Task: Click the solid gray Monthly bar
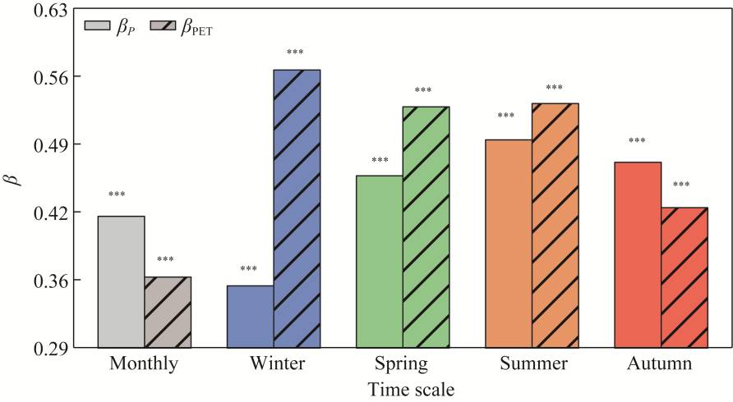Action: pyautogui.click(x=121, y=281)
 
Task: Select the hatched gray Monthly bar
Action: pyautogui.click(x=168, y=312)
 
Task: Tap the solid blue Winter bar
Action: pyautogui.click(x=250, y=316)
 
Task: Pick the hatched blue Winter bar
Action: pyautogui.click(x=297, y=208)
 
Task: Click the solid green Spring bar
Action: pyautogui.click(x=379, y=261)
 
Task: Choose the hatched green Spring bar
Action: pyautogui.click(x=426, y=226)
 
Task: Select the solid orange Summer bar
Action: pyautogui.click(x=508, y=243)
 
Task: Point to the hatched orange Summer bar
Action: pyautogui.click(x=555, y=225)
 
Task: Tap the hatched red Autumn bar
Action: pyautogui.click(x=685, y=277)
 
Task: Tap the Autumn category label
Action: pyautogui.click(x=661, y=363)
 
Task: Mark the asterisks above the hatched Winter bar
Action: pyautogui.click(x=295, y=53)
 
